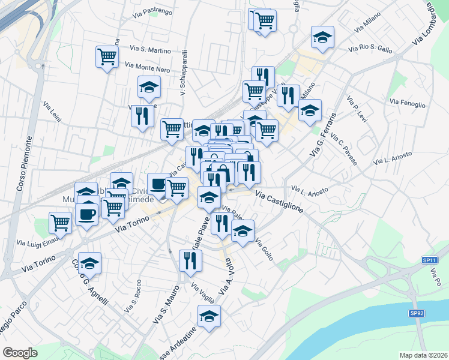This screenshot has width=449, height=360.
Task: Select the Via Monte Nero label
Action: (148, 69)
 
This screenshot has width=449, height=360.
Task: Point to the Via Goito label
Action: (264, 250)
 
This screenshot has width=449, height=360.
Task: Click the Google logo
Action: (20, 353)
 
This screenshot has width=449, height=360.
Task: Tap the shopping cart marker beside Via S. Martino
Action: (106, 57)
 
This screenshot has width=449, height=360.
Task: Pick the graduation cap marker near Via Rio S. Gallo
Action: (322, 38)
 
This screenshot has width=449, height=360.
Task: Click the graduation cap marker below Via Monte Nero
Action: (149, 88)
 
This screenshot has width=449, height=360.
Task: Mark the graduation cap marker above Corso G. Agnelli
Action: (89, 263)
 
